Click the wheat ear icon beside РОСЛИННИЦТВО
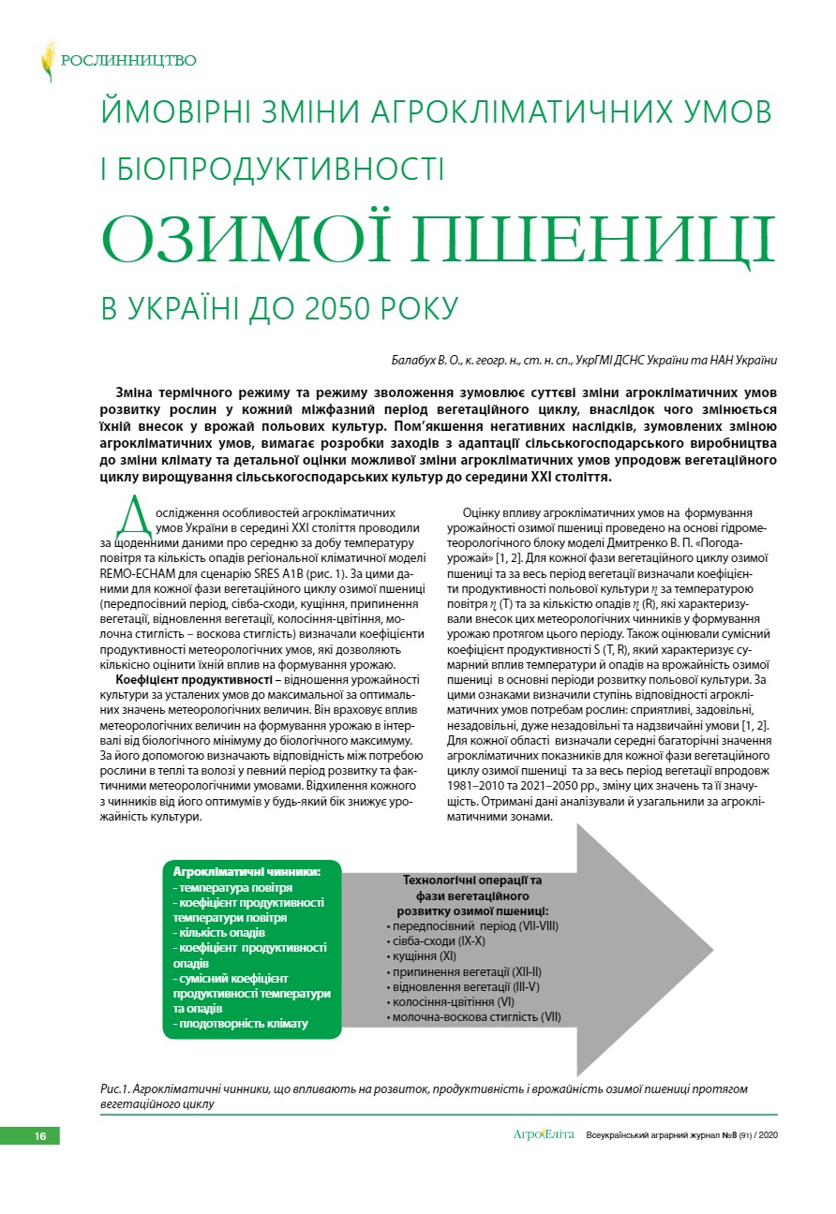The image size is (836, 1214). point(47,61)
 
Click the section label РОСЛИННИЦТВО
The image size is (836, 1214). point(128,61)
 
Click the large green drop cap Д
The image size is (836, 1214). point(131,518)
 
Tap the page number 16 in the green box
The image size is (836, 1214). point(39,1135)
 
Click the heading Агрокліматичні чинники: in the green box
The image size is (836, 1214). point(246,871)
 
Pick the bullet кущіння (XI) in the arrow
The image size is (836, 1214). point(422,956)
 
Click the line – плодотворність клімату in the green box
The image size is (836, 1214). point(240,1023)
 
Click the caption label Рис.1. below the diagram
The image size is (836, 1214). point(114,1088)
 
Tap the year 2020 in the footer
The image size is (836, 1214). point(769,1135)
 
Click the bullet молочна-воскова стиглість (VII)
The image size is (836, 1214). point(475,1016)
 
